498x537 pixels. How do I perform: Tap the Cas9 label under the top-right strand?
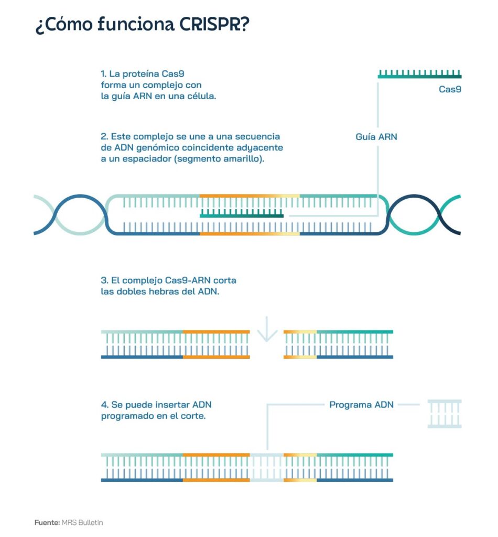(x=450, y=89)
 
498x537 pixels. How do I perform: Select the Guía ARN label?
(x=376, y=137)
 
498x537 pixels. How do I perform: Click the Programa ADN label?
(x=361, y=404)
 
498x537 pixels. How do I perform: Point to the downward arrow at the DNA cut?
(x=267, y=329)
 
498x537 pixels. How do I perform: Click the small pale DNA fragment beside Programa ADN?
(x=445, y=414)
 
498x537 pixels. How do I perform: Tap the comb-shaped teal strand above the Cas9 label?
(x=419, y=74)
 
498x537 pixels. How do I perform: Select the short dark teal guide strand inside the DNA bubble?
(x=242, y=213)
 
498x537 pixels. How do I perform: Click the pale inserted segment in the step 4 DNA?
(x=267, y=467)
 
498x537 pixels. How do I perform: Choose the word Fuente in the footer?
(x=47, y=522)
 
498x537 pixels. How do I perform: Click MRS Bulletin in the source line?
(x=82, y=522)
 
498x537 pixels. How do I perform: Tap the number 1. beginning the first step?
(x=104, y=73)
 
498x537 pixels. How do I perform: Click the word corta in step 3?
(x=224, y=281)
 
